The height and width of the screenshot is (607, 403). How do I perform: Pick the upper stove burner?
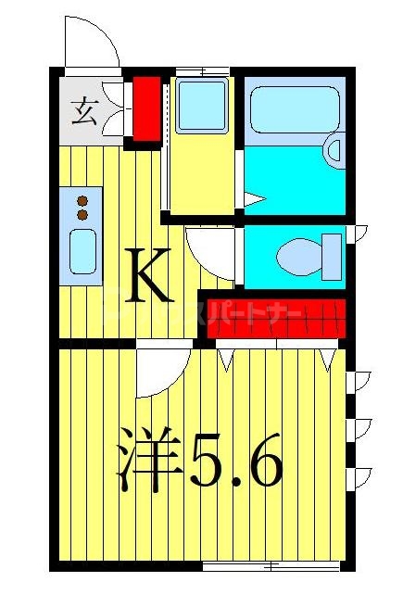(x=82, y=200)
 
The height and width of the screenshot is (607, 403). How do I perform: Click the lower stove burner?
(x=82, y=214)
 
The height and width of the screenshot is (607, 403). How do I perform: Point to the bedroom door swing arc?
(x=163, y=372)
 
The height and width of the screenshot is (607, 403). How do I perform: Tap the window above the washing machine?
(x=202, y=70)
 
